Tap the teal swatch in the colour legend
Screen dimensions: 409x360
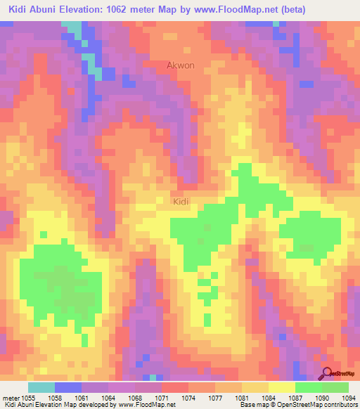click(x=41, y=388)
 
